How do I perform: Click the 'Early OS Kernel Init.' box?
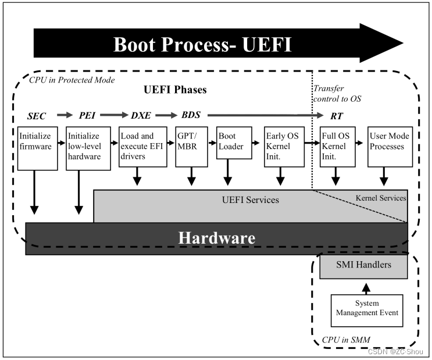(x=283, y=147)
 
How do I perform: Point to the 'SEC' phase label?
(x=36, y=116)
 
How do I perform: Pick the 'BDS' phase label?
(x=191, y=115)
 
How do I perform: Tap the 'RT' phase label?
(x=336, y=116)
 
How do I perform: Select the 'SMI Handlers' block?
(x=364, y=266)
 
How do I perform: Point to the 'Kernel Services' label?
(x=380, y=198)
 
